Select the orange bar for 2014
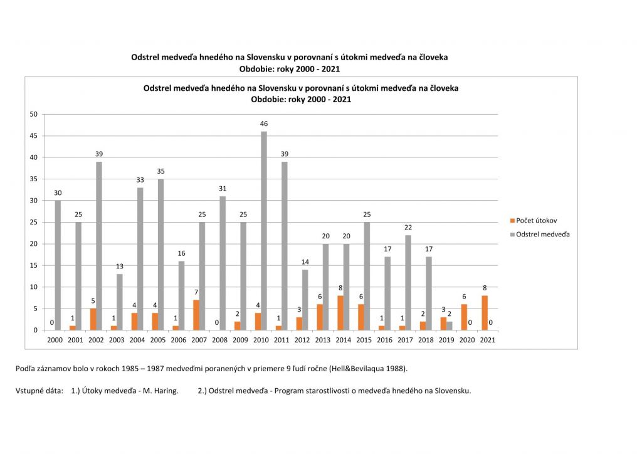(340, 313)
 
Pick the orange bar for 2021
(485, 313)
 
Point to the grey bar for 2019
(449, 325)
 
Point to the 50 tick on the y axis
(34, 114)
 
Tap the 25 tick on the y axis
(34, 222)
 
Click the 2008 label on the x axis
(219, 339)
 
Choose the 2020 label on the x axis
(467, 339)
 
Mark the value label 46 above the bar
(264, 124)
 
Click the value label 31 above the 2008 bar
(223, 189)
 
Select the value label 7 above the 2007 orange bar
(196, 293)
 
